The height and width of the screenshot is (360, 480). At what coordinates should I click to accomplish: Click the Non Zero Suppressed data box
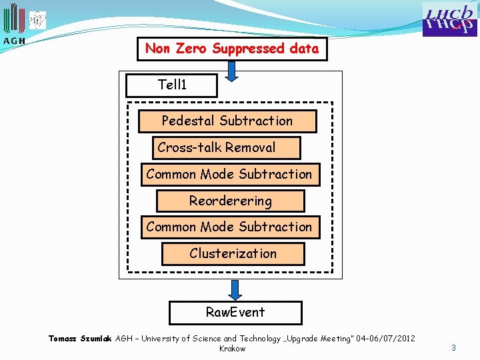pyautogui.click(x=232, y=49)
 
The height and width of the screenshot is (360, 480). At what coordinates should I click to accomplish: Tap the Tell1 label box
pyautogui.click(x=172, y=85)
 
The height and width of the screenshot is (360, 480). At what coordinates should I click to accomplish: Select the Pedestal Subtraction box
pyautogui.click(x=227, y=121)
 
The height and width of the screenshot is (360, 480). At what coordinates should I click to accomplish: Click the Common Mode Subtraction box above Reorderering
pyautogui.click(x=229, y=174)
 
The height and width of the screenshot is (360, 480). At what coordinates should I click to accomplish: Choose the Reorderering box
pyautogui.click(x=230, y=201)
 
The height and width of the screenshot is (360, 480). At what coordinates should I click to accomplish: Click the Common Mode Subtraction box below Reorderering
pyautogui.click(x=229, y=227)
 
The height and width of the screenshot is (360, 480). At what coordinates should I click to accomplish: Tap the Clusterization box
pyautogui.click(x=233, y=253)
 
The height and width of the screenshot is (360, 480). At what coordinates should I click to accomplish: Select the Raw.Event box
pyautogui.click(x=235, y=312)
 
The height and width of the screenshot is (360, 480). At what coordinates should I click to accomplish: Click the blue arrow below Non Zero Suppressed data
pyautogui.click(x=231, y=70)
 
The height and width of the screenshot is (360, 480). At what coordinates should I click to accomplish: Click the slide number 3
pyautogui.click(x=453, y=347)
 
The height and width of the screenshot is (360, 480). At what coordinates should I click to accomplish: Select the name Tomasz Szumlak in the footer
pyautogui.click(x=81, y=339)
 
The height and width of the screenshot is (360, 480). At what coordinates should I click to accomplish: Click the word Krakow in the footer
pyautogui.click(x=232, y=349)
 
